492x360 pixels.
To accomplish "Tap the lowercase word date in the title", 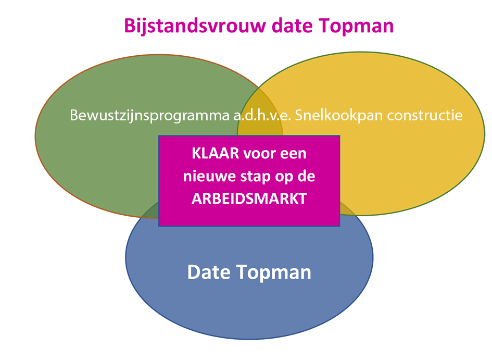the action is tap(292, 26).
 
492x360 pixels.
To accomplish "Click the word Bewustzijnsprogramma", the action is tap(149, 116).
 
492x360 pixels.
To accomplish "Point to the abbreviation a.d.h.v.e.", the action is tap(262, 115).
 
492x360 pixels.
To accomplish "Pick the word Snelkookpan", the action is tap(339, 116).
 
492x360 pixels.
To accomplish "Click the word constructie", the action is tap(425, 116).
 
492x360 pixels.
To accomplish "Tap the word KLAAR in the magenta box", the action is tap(215, 154).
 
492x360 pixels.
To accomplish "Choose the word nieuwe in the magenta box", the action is tap(210, 177).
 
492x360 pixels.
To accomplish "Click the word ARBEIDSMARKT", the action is tap(249, 199).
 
